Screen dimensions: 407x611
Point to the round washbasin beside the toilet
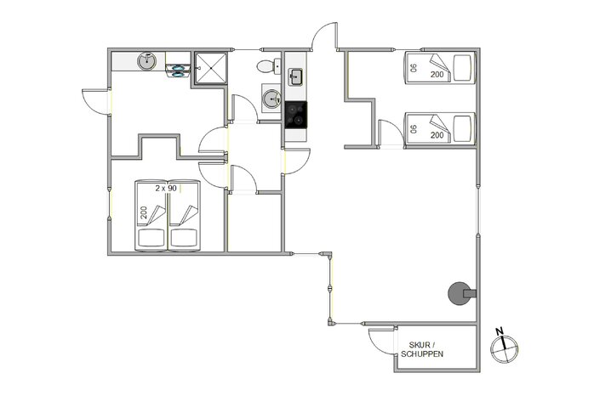point(271,99)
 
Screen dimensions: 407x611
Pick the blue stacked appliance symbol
point(179,66)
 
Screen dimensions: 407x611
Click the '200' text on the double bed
point(144,212)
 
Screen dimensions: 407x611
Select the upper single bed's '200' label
point(437,75)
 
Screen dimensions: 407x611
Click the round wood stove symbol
point(459,293)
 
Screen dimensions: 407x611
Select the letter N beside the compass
point(501,331)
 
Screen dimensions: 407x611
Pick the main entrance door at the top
point(324,38)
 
